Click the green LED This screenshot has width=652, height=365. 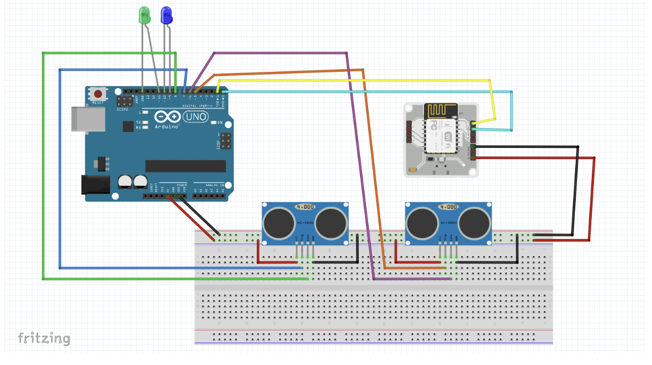tap(144, 15)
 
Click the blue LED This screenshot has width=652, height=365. tap(167, 15)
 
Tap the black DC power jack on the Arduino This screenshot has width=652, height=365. tap(94, 185)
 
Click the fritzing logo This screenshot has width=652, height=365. tap(44, 338)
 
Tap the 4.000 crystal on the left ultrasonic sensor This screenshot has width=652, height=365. tap(305, 206)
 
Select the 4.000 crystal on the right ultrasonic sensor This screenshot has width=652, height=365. tap(449, 206)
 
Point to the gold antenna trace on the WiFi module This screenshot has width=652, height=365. tap(442, 111)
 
